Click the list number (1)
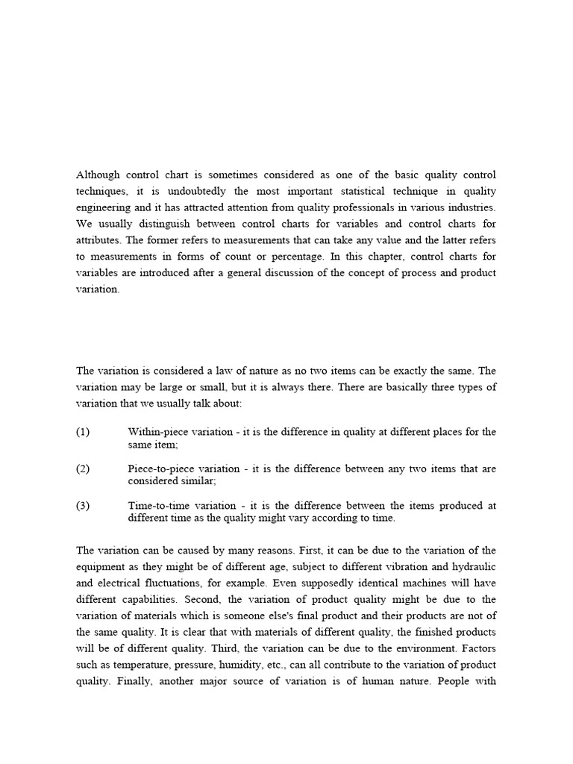pyautogui.click(x=83, y=432)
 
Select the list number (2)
pyautogui.click(x=83, y=469)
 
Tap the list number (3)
pyautogui.click(x=83, y=506)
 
